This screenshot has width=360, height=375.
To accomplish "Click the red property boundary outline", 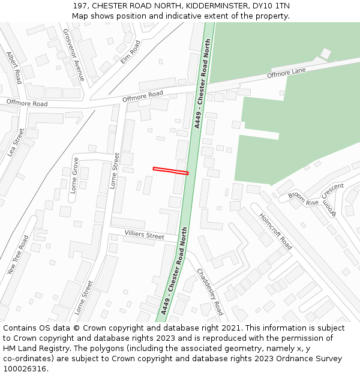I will pyautogui.click(x=170, y=171).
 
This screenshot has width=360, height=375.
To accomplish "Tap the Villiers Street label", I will pyautogui.click(x=144, y=235).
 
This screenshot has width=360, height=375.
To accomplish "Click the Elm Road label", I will pyautogui.click(x=130, y=52).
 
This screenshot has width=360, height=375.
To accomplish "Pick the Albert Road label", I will pyautogui.click(x=14, y=67).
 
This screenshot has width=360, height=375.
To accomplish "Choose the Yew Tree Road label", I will pyautogui.click(x=18, y=254).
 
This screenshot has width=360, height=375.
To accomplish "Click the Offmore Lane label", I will pyautogui.click(x=286, y=74).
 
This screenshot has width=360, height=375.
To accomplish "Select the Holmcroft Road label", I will pyautogui.click(x=275, y=231).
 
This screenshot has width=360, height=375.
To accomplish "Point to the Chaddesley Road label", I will pyautogui.click(x=210, y=292).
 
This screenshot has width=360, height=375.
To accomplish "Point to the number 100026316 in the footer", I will pyautogui.click(x=25, y=368).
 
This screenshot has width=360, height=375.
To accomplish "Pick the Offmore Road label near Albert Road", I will pyautogui.click(x=27, y=103).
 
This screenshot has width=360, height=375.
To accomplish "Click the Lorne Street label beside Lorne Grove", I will pyautogui.click(x=115, y=170).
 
